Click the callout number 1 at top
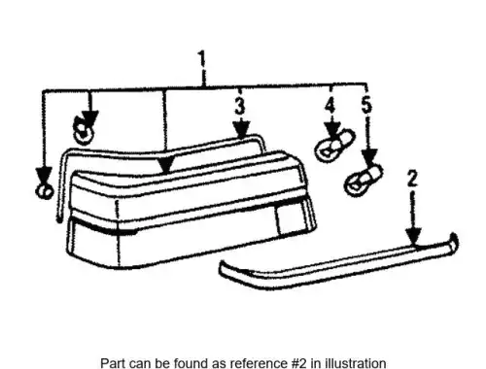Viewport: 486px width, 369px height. tap(202, 58)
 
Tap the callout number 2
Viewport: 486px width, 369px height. tap(412, 179)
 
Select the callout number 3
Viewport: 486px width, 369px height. tap(240, 106)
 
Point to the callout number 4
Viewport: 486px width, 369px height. tap(330, 106)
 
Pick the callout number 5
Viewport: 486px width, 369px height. tap(366, 104)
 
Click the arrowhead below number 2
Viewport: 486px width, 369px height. tap(413, 236)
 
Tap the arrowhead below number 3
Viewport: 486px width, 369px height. tap(241, 129)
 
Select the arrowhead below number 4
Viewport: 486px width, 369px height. tap(331, 130)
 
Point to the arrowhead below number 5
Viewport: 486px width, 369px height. tap(369, 156)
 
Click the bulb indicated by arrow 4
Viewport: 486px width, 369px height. tap(334, 146)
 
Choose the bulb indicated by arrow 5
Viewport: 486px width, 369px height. tap(364, 181)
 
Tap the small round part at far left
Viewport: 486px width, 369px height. tap(44, 191)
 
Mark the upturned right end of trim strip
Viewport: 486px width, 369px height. tap(453, 241)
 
